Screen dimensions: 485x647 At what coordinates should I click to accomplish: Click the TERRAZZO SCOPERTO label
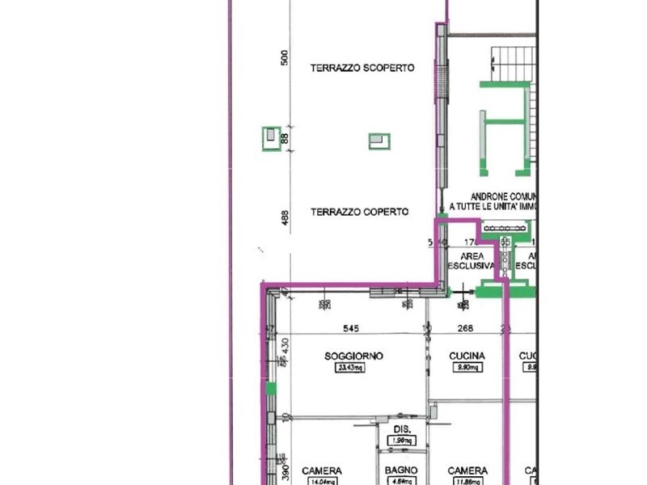click(362, 69)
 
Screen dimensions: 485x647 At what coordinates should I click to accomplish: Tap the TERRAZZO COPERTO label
click(359, 212)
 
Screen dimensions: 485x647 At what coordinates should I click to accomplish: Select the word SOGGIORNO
click(353, 356)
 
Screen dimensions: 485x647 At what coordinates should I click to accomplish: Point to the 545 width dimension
click(350, 329)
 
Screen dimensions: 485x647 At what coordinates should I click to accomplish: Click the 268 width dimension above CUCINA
click(465, 329)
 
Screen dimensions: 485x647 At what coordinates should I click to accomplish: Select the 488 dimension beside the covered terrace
click(284, 219)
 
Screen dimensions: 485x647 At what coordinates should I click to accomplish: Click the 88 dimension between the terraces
click(284, 140)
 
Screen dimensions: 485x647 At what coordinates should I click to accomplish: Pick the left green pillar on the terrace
click(271, 138)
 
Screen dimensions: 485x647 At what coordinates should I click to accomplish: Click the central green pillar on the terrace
click(378, 141)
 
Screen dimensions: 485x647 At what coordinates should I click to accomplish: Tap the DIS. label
click(402, 429)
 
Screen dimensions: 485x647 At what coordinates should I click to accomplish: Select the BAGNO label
click(401, 470)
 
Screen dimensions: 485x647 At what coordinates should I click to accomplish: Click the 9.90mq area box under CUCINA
click(468, 369)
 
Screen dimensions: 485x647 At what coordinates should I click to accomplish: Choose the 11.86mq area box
click(468, 482)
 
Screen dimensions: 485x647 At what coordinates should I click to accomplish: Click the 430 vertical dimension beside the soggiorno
click(284, 343)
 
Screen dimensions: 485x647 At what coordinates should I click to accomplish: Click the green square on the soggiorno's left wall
click(272, 390)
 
